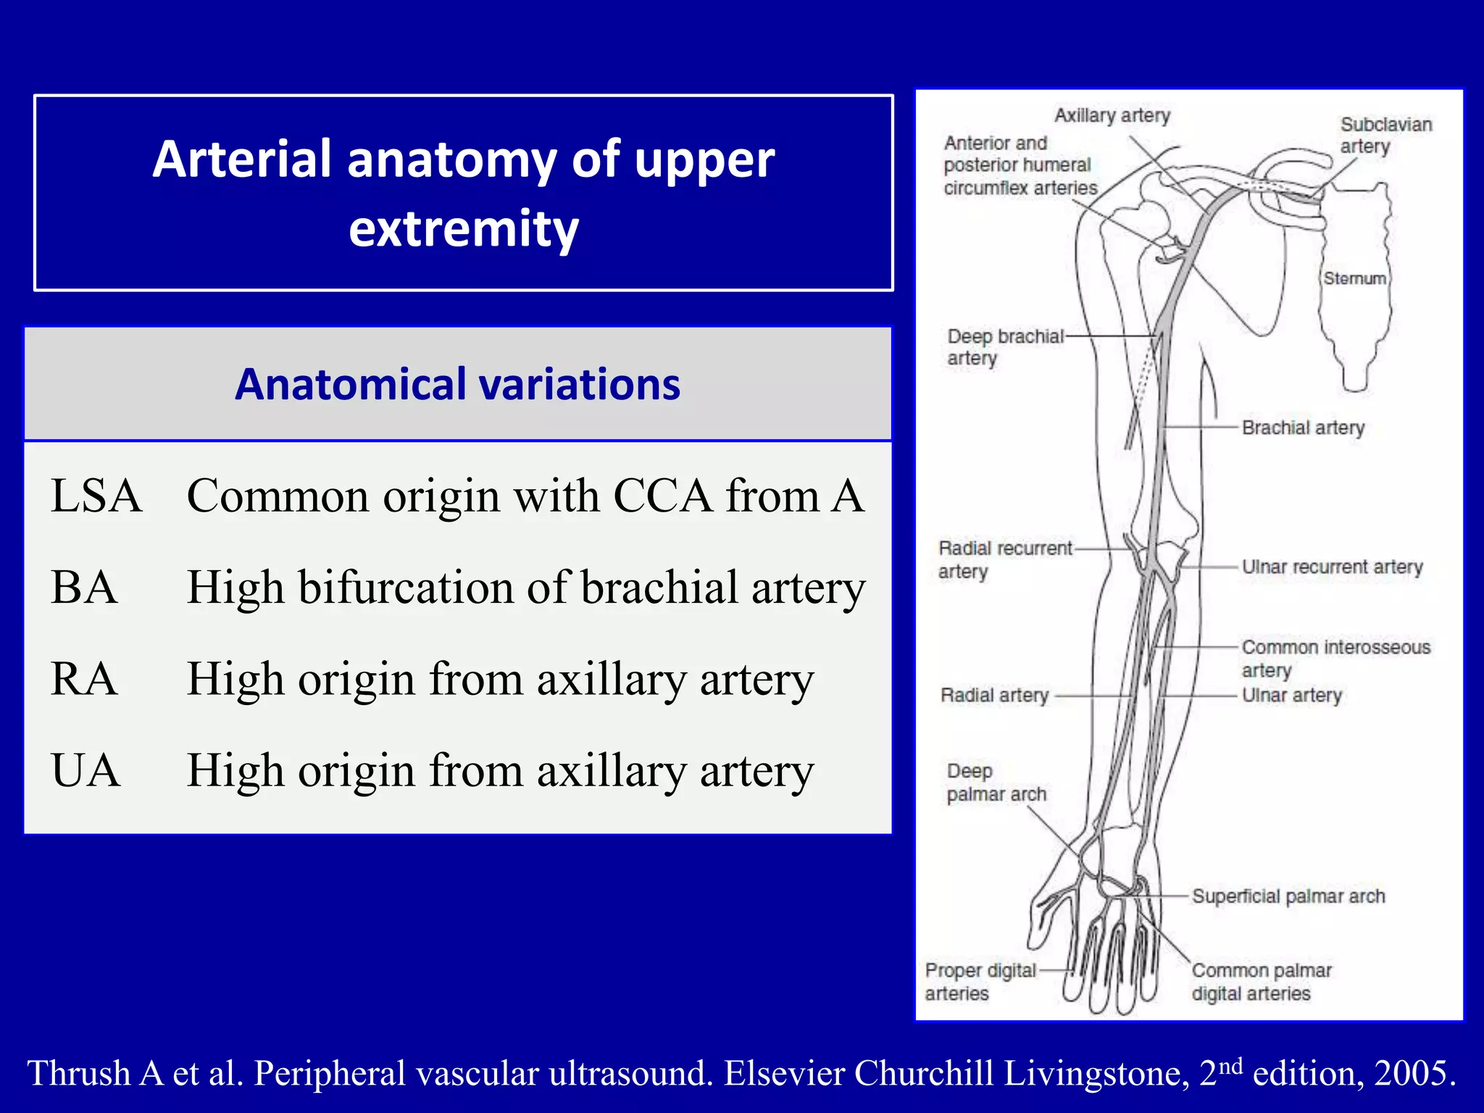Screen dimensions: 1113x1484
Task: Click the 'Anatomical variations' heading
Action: click(457, 384)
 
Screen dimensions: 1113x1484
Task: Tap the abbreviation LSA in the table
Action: click(96, 496)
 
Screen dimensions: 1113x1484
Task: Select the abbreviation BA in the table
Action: click(84, 587)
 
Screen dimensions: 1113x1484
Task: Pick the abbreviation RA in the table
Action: click(84, 679)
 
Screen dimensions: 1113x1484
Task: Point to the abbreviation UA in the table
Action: click(85, 770)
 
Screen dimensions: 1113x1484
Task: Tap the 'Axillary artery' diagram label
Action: click(1112, 115)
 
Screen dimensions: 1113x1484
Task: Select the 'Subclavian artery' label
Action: click(1385, 136)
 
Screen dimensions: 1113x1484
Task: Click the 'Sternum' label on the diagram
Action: click(1354, 278)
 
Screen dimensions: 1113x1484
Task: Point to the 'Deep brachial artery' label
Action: click(1004, 347)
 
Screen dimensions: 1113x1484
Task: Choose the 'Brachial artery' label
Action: click(1303, 428)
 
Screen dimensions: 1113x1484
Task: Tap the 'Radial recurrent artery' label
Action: click(1004, 559)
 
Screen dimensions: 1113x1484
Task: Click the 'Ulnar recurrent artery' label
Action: click(1332, 567)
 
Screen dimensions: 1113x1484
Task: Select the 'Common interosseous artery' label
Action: click(1335, 658)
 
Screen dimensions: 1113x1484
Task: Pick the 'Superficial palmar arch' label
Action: click(1288, 896)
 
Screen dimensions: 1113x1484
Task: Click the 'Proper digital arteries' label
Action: click(980, 981)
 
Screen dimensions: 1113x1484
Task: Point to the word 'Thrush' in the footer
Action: click(78, 1073)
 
